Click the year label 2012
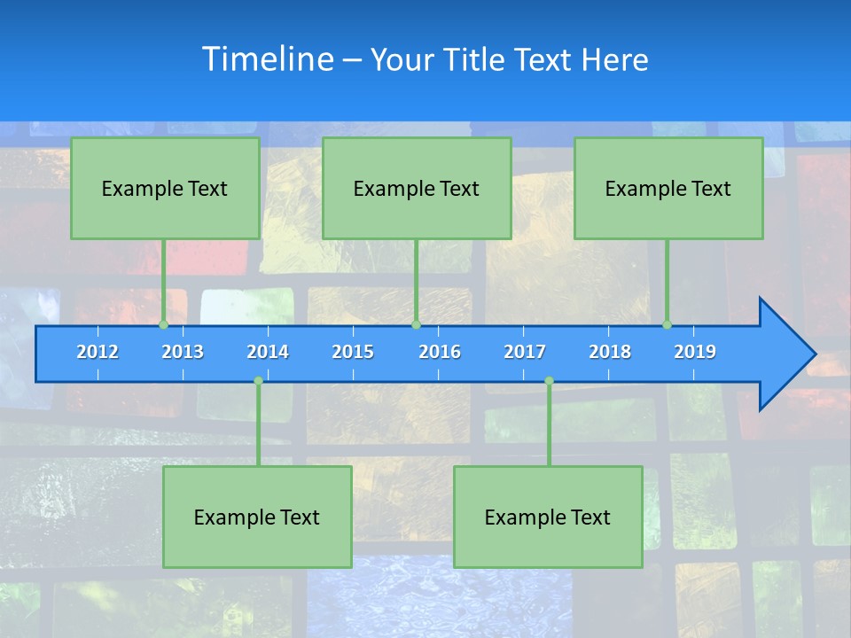tap(98, 353)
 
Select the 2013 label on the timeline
tap(183, 353)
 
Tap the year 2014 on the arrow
tap(268, 353)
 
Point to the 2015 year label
tap(353, 353)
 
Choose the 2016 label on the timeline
tap(440, 353)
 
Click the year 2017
tap(525, 353)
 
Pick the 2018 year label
tap(610, 353)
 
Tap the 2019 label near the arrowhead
tap(695, 353)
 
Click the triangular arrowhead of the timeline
tap(785, 354)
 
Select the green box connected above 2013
tap(165, 188)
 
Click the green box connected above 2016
tap(417, 188)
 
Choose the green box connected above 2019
tap(668, 188)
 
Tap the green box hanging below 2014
tap(257, 517)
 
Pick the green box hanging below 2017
tap(548, 517)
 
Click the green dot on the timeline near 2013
tap(164, 325)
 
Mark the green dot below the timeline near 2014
tap(258, 381)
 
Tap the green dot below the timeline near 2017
tap(549, 381)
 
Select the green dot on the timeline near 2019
tap(668, 325)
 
